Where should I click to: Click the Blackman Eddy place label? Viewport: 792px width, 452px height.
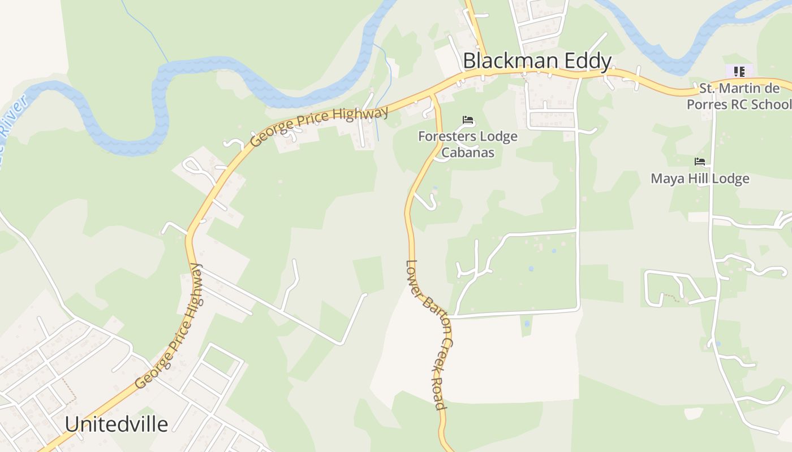537,61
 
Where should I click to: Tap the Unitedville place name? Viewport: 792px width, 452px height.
116,424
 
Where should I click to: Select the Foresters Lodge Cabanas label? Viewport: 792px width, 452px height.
468,144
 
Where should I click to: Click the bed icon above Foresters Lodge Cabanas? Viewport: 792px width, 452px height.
468,120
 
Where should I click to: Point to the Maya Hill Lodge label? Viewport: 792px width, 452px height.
700,179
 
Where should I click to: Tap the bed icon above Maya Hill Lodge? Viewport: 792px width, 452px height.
700,162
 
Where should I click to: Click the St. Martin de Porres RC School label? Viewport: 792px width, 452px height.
739,96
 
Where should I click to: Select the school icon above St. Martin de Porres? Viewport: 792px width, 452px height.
739,71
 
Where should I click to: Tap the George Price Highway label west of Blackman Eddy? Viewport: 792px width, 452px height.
320,126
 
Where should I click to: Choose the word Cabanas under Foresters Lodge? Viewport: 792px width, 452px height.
468,153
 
